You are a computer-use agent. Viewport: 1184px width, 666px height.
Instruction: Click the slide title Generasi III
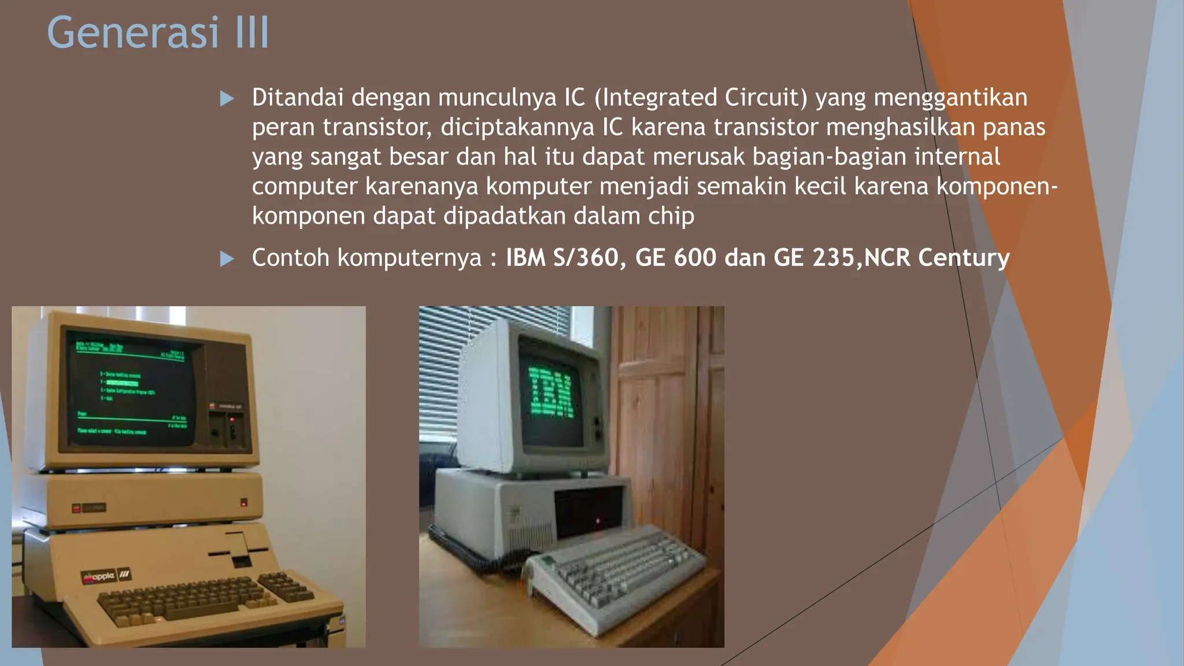(x=158, y=32)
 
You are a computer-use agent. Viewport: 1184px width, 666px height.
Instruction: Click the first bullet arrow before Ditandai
(x=227, y=98)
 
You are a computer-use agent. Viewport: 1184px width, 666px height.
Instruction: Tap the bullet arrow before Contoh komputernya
(x=227, y=258)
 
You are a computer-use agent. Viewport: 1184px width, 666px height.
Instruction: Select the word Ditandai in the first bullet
(x=298, y=98)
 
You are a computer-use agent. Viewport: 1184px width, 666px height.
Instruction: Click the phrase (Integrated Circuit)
(x=701, y=98)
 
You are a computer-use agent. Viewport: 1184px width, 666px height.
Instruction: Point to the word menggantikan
(x=950, y=98)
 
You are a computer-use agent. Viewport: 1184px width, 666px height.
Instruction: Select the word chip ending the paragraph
(x=671, y=216)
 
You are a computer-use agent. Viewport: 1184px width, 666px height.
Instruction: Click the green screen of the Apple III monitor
(x=132, y=390)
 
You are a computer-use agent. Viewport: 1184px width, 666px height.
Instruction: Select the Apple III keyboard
(x=202, y=598)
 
